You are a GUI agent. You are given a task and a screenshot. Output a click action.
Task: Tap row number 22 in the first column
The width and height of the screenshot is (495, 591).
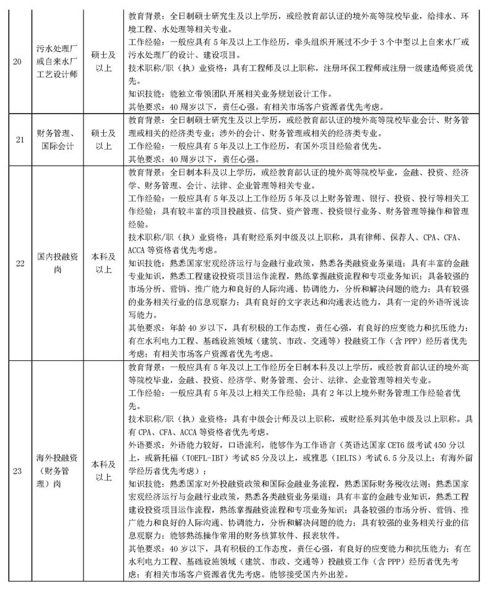coord(20,263)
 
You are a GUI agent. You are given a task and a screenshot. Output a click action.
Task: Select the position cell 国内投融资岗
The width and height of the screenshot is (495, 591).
coord(57,263)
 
